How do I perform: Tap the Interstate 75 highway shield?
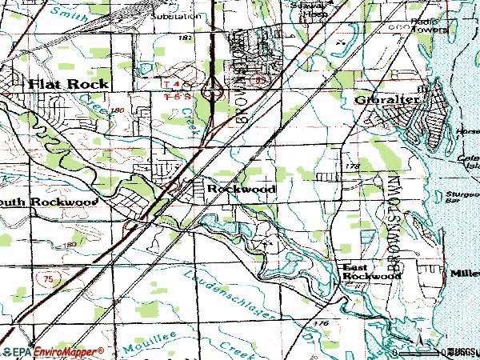(x=48, y=275)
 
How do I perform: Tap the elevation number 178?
(x=353, y=165)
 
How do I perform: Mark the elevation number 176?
(x=322, y=322)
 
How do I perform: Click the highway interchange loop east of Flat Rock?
(x=213, y=94)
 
